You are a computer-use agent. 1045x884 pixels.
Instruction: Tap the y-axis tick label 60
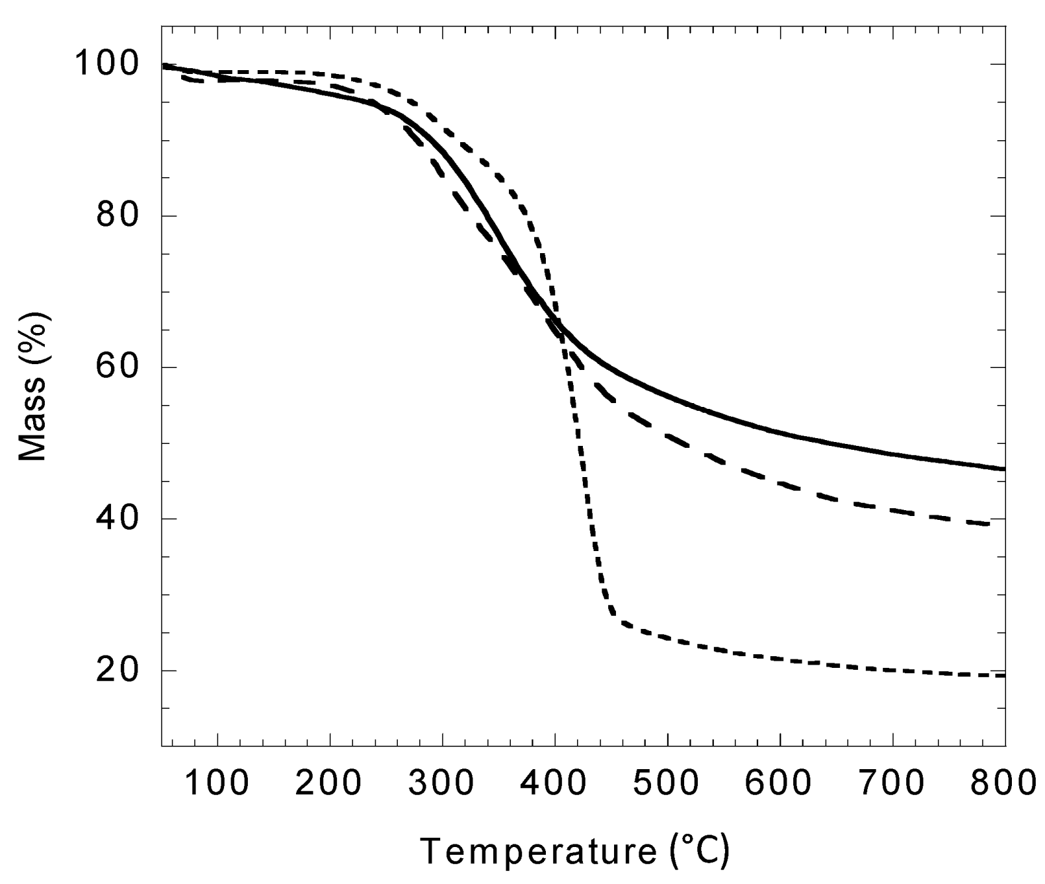[x=117, y=367]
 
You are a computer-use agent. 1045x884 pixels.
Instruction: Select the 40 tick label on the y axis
[x=117, y=519]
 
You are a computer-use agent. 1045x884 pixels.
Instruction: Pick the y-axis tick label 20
[x=117, y=670]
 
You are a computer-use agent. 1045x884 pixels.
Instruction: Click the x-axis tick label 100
[x=217, y=783]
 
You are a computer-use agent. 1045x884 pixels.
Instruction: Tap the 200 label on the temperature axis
[x=330, y=783]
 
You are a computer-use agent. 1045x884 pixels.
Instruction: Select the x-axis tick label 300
[x=442, y=783]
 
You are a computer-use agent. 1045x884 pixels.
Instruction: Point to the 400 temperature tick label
[x=555, y=783]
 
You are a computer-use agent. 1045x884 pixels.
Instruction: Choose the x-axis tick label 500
[x=667, y=783]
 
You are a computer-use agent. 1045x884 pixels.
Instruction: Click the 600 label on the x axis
[x=780, y=783]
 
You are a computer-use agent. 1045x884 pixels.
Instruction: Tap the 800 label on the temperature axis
[x=1003, y=783]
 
